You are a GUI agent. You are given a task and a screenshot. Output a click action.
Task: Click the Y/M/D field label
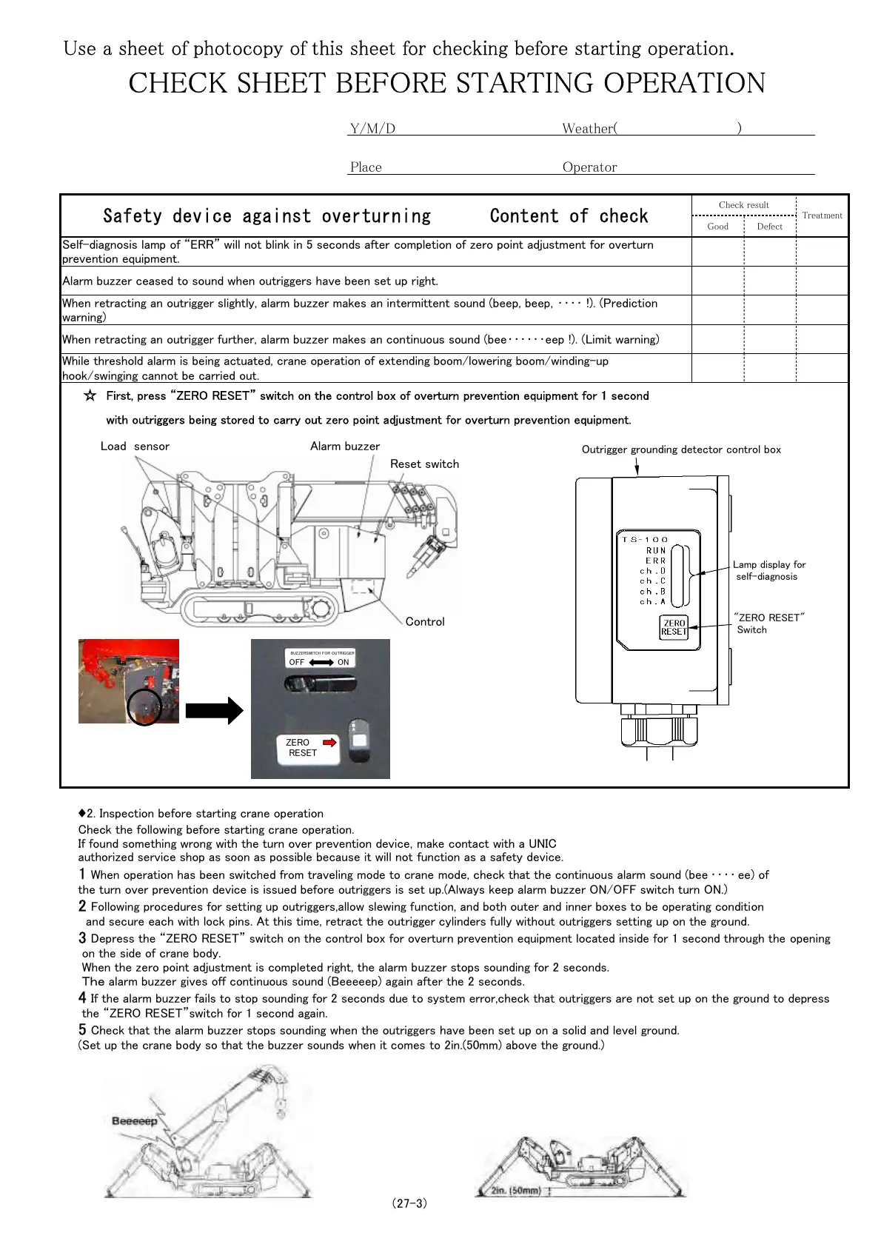click(x=372, y=129)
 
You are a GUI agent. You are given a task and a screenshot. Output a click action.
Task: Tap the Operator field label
click(x=589, y=167)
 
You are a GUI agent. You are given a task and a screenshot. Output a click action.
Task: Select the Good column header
click(x=717, y=227)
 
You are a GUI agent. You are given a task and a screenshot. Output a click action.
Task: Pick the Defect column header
click(x=769, y=227)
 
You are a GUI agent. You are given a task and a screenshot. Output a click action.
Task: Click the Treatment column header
click(x=822, y=215)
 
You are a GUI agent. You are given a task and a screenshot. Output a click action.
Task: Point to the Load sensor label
click(x=135, y=447)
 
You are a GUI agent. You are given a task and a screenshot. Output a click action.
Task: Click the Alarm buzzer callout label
click(x=345, y=447)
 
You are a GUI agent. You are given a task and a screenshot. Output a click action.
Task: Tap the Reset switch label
click(x=424, y=464)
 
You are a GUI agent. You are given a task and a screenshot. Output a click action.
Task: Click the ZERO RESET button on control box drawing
click(x=674, y=628)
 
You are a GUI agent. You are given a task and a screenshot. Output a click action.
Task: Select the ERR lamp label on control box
click(x=656, y=561)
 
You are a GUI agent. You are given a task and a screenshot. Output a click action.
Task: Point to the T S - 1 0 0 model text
click(x=645, y=540)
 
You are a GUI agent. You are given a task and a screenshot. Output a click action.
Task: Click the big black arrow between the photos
click(x=214, y=711)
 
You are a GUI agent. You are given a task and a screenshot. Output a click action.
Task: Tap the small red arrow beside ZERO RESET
click(x=330, y=742)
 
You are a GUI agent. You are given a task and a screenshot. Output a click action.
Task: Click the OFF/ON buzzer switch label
click(x=320, y=662)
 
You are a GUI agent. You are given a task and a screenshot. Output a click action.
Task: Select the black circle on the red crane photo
click(x=144, y=707)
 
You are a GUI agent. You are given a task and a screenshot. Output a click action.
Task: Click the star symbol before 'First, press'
click(x=90, y=396)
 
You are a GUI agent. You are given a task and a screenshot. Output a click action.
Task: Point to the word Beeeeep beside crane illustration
click(x=134, y=1121)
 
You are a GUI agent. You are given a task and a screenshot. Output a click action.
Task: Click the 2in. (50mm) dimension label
click(x=515, y=1191)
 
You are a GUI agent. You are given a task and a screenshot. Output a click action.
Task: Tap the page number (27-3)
click(x=409, y=1203)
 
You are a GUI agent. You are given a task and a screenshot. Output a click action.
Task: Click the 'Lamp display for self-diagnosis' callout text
click(x=768, y=570)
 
